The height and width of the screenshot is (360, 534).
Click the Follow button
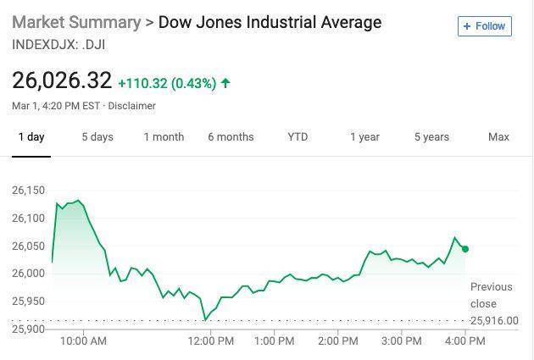coord(484,26)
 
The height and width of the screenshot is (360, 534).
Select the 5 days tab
coord(97,137)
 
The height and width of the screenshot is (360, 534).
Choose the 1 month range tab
coord(164,137)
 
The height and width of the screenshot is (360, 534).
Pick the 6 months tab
coord(231,137)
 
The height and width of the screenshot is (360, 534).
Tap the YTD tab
coord(298,137)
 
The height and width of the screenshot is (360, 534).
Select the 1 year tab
coord(364,137)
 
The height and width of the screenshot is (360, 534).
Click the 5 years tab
coord(431,137)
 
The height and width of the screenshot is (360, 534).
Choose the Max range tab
coord(498,137)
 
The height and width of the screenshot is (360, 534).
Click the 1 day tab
coord(31,137)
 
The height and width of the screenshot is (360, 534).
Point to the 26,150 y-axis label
coord(28,191)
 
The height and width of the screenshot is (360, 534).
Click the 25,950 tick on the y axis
coord(28,301)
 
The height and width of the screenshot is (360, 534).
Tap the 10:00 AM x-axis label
coord(84,341)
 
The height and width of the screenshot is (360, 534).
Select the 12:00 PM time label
coord(210,341)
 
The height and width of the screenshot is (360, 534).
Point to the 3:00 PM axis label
coord(401,341)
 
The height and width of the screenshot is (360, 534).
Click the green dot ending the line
coord(465,249)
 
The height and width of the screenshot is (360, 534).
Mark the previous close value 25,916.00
coord(494,320)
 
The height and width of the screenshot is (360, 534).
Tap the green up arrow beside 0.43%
coord(225,83)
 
